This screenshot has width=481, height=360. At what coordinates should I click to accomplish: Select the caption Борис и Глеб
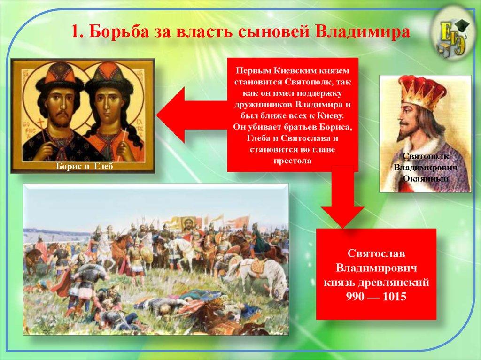click(85, 166)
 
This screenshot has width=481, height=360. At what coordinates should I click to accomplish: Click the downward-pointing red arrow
click(342, 198)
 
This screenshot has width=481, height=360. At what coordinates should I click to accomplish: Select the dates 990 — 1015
click(376, 297)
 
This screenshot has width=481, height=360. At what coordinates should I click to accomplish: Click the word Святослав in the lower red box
click(376, 253)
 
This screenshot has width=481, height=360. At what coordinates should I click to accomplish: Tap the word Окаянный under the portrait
click(426, 178)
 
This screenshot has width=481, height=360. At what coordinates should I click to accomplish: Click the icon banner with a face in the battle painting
click(189, 223)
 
